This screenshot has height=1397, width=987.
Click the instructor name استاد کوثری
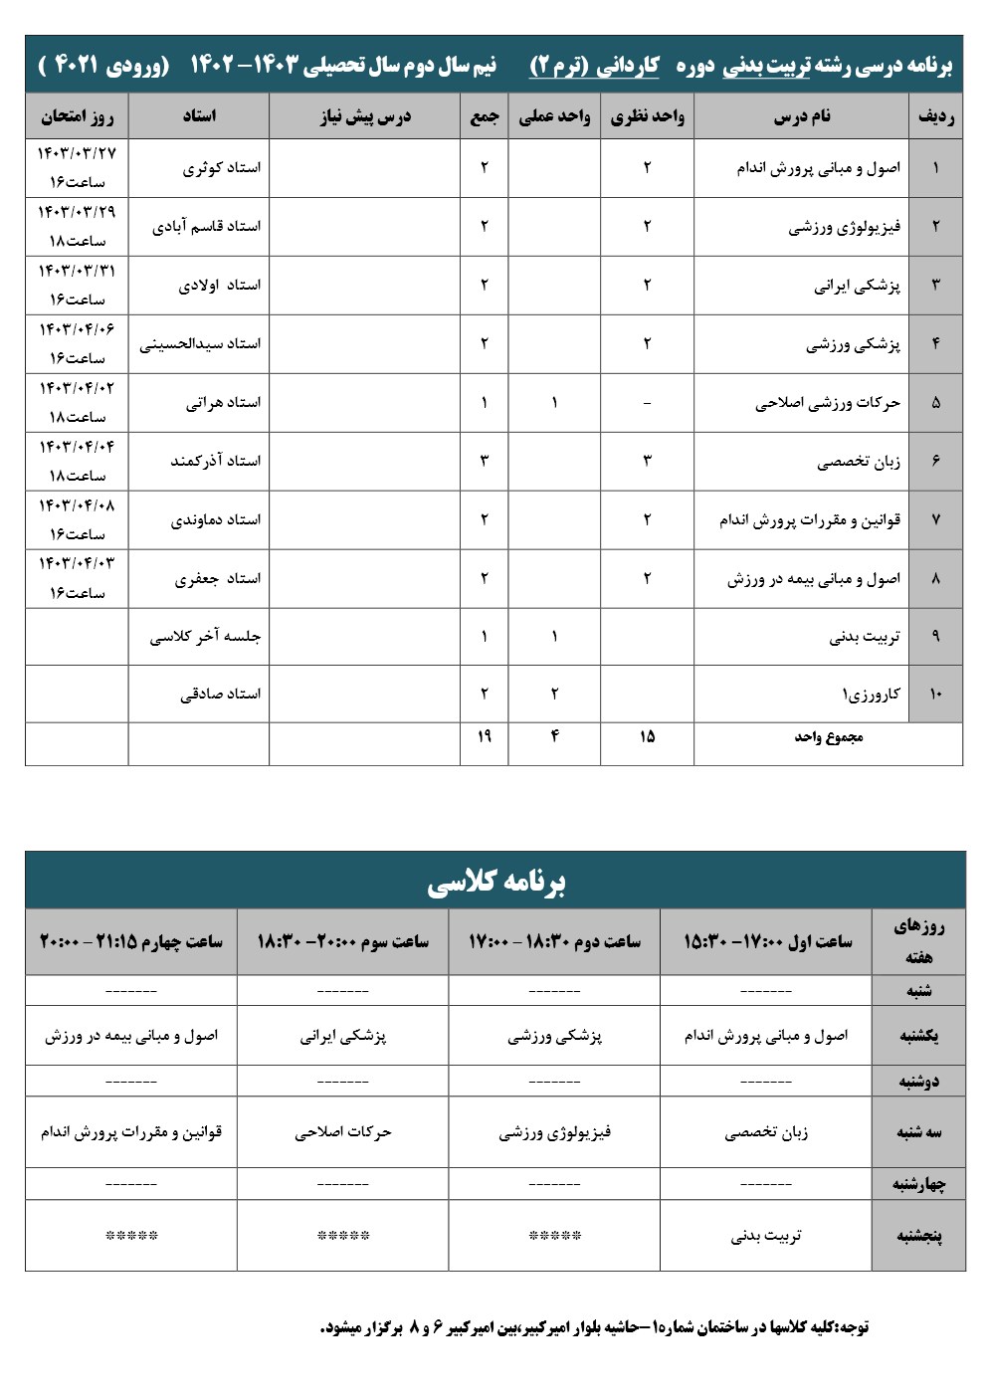221,168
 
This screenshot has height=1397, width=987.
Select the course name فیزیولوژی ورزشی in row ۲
844,227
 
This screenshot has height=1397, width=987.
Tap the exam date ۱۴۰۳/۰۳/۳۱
77,272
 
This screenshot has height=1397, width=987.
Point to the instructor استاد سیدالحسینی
200,344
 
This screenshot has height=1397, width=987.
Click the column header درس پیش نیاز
364,116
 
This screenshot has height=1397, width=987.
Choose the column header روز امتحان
77,116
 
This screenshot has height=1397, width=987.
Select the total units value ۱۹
485,736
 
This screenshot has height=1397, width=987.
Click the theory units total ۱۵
647,736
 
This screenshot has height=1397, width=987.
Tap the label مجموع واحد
828,737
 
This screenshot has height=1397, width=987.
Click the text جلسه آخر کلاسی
205,637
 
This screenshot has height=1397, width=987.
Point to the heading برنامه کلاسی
495,882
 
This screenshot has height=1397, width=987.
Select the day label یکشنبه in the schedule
918,1036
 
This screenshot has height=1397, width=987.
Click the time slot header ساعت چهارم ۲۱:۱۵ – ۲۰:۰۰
131,941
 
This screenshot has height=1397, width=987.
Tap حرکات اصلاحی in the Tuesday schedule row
343,1132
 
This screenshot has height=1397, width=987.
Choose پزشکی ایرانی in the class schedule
343,1036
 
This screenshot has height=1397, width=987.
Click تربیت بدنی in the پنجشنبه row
766,1236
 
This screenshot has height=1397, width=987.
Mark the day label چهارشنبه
918,1184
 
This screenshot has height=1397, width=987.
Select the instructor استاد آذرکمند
215,461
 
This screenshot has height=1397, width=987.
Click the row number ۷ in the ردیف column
935,520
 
